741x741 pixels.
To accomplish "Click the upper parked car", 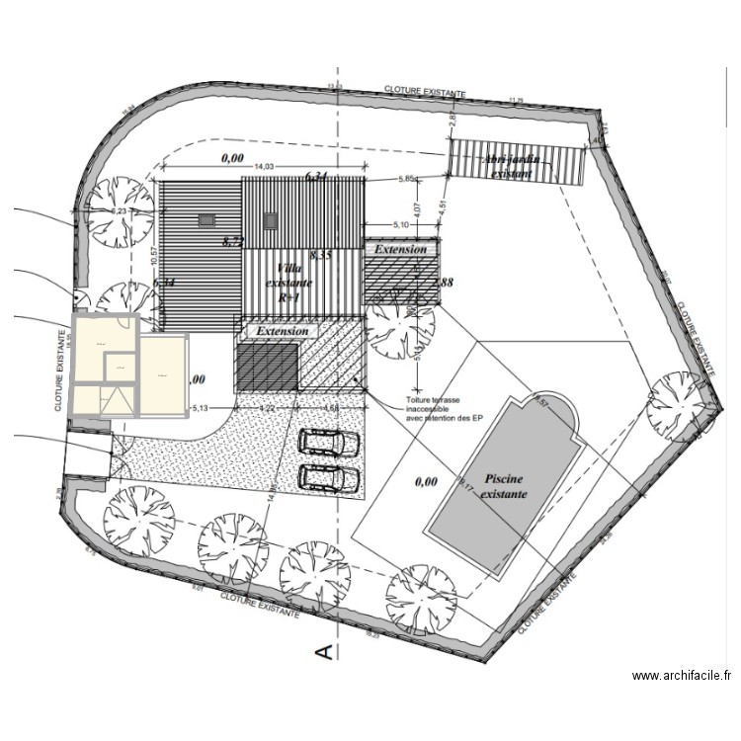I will [328, 443].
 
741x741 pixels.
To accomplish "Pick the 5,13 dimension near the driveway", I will [201, 407].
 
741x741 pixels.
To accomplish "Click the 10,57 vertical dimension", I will [154, 257].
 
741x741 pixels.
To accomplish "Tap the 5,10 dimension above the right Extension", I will [401, 225].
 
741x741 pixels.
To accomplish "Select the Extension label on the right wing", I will [400, 250].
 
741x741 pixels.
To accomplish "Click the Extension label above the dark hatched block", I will [282, 332].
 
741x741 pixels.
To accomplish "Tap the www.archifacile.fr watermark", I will [682, 676].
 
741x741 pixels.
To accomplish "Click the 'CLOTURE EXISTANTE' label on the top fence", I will [425, 90].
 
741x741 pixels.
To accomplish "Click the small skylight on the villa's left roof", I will [206, 221].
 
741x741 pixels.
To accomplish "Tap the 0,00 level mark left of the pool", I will [426, 482].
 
